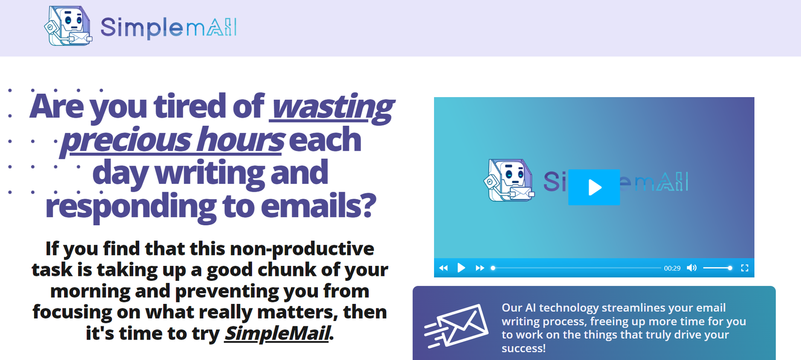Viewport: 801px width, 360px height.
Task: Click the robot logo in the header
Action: [68, 26]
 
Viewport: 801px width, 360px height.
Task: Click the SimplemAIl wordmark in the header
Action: [168, 28]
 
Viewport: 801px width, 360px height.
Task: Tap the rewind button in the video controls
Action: [444, 268]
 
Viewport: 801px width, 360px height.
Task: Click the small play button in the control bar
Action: [461, 268]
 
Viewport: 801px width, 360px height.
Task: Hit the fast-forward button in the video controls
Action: [480, 268]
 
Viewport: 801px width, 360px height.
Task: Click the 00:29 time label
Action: [672, 268]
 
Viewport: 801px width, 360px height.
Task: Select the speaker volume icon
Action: [691, 268]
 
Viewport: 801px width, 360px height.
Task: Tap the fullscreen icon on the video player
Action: [745, 268]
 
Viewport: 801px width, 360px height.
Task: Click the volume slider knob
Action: [730, 268]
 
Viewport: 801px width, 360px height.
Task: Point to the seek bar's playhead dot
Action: [493, 268]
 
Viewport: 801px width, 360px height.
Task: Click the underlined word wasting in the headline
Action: [331, 107]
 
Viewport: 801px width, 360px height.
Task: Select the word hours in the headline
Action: [240, 139]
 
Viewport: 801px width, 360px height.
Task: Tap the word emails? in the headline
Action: [318, 206]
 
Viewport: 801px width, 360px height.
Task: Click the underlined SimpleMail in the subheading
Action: [277, 333]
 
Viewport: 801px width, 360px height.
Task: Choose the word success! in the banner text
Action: [524, 348]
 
